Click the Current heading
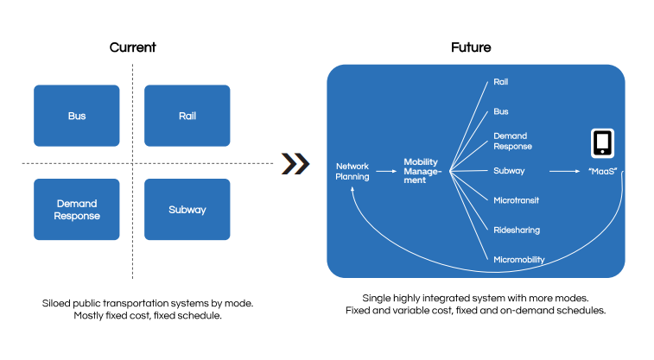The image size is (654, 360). tap(133, 47)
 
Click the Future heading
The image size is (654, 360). tap(471, 47)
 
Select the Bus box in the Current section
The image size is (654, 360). tap(77, 116)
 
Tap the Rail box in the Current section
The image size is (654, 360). tap(187, 116)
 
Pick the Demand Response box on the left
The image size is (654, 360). tap(77, 209)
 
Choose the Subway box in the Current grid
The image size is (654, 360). tap(187, 209)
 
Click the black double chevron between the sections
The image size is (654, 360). tap(295, 163)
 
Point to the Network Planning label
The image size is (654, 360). tap(352, 171)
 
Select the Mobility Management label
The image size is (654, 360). tap(422, 171)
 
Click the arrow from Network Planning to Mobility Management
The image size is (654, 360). tap(386, 171)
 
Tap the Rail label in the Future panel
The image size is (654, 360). tap(500, 82)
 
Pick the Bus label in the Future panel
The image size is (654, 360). tap(500, 111)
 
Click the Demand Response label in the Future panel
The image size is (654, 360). tap(512, 141)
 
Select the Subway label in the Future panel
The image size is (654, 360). tap(509, 171)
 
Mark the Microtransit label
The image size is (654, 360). tap(516, 200)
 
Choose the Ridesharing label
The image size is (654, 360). tap(517, 230)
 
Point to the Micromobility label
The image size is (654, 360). tap(519, 260)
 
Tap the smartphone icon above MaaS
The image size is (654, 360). tap(602, 143)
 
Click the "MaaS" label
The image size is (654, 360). tap(602, 171)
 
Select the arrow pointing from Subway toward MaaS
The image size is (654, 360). tap(565, 171)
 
